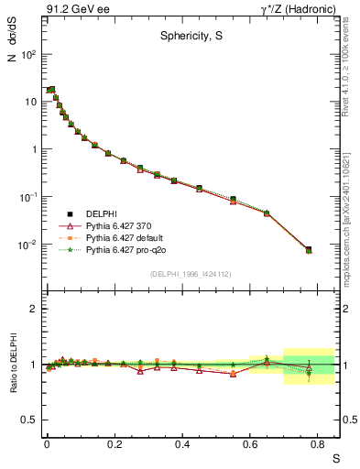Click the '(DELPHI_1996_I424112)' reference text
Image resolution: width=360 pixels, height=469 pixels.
click(x=191, y=272)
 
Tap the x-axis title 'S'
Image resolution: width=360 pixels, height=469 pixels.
click(x=335, y=456)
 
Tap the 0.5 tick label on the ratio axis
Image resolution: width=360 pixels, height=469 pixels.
click(x=28, y=420)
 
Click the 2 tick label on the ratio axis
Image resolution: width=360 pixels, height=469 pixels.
click(x=33, y=309)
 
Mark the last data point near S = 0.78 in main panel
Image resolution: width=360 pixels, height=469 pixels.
click(x=308, y=249)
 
